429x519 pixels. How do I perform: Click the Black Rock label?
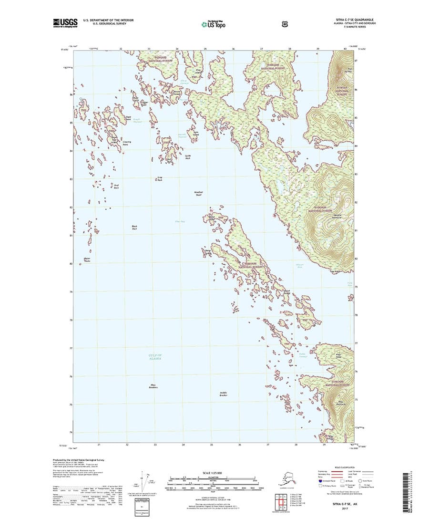[x=134, y=228]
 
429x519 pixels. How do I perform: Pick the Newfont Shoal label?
[x=199, y=193]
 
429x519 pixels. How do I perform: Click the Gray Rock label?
[x=160, y=180]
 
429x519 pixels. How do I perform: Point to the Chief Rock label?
[x=115, y=187]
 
